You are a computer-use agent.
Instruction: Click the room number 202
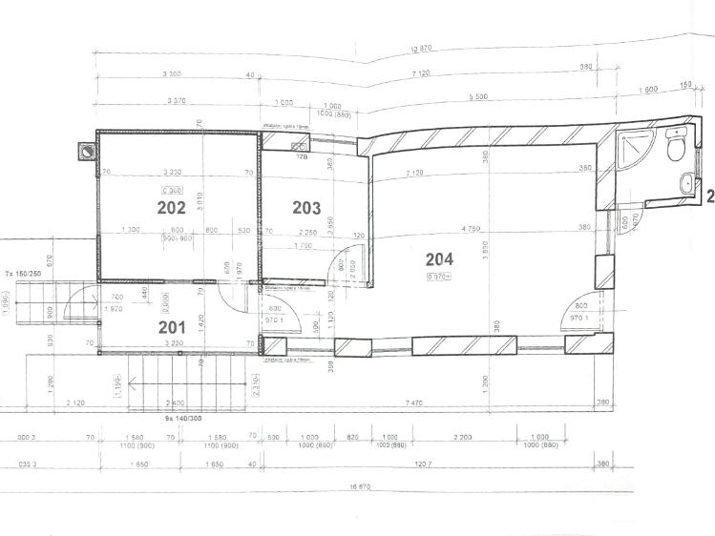pyautogui.click(x=171, y=206)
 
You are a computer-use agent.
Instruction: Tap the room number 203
pyautogui.click(x=305, y=207)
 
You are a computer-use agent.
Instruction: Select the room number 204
pyautogui.click(x=439, y=258)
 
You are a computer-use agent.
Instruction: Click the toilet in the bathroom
pyautogui.click(x=676, y=148)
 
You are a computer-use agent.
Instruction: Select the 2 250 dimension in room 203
pyautogui.click(x=306, y=231)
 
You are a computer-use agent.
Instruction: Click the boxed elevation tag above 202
pyautogui.click(x=171, y=189)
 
